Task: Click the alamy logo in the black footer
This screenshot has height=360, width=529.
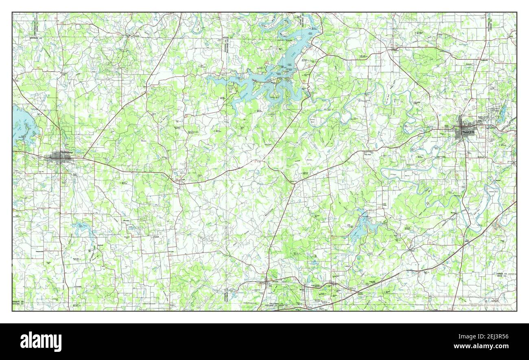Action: (x=41, y=341)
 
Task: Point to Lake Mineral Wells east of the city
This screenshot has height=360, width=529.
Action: (x=503, y=110)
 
